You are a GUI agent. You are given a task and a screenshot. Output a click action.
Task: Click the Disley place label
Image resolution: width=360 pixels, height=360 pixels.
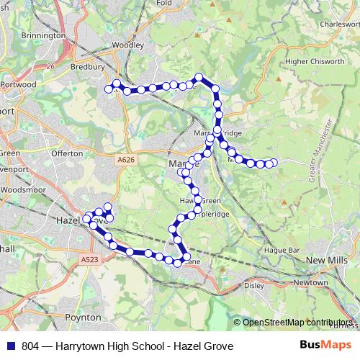(254, 285)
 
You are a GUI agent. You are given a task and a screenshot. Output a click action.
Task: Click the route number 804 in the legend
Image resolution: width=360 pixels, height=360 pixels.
(30, 346)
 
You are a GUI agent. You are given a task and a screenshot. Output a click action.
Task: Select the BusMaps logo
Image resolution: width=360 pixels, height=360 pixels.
(321, 346)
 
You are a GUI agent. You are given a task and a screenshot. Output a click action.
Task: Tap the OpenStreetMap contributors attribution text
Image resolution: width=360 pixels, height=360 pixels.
(296, 322)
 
